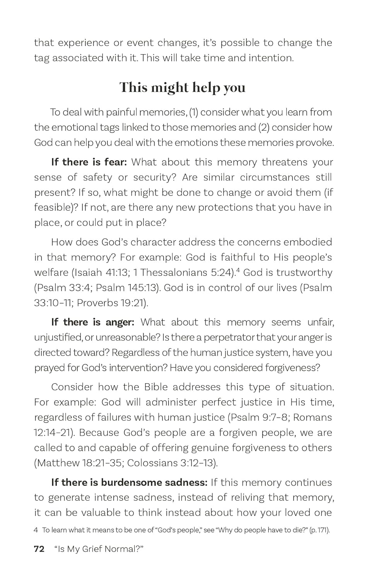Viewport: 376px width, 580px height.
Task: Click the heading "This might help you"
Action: point(182,87)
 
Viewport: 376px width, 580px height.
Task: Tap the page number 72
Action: point(39,549)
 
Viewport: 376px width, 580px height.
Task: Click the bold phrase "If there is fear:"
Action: point(89,162)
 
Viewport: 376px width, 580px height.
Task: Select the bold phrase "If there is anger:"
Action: point(93,322)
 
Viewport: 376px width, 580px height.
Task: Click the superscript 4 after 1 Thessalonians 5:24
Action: point(238,270)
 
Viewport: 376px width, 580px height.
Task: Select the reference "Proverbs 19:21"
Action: point(111,303)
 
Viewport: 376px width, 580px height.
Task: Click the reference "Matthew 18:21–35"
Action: point(79,463)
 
